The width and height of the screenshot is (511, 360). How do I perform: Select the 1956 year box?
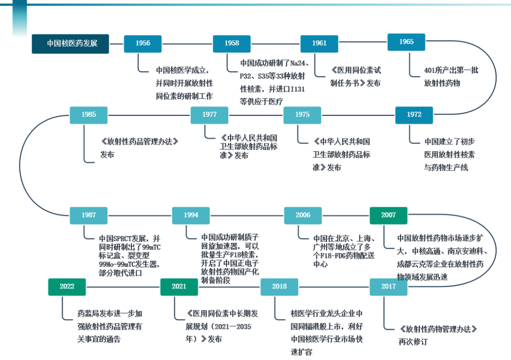click(143, 44)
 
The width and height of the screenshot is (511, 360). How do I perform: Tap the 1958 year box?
click(232, 44)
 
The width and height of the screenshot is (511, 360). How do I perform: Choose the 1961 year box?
click(319, 44)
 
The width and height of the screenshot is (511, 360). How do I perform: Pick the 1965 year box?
click(406, 42)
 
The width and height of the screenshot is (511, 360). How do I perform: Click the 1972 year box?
click(414, 115)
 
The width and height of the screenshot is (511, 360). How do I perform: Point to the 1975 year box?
click(302, 115)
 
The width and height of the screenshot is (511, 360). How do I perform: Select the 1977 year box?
click(210, 115)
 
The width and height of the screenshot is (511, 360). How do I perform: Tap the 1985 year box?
click(89, 115)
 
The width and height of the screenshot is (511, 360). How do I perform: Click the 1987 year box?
click(89, 215)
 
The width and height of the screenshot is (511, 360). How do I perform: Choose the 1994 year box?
click(191, 215)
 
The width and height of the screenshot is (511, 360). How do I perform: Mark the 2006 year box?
click(303, 215)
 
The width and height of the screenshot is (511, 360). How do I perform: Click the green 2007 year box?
click(388, 215)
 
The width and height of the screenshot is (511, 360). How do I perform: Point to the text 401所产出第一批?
click(451, 71)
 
